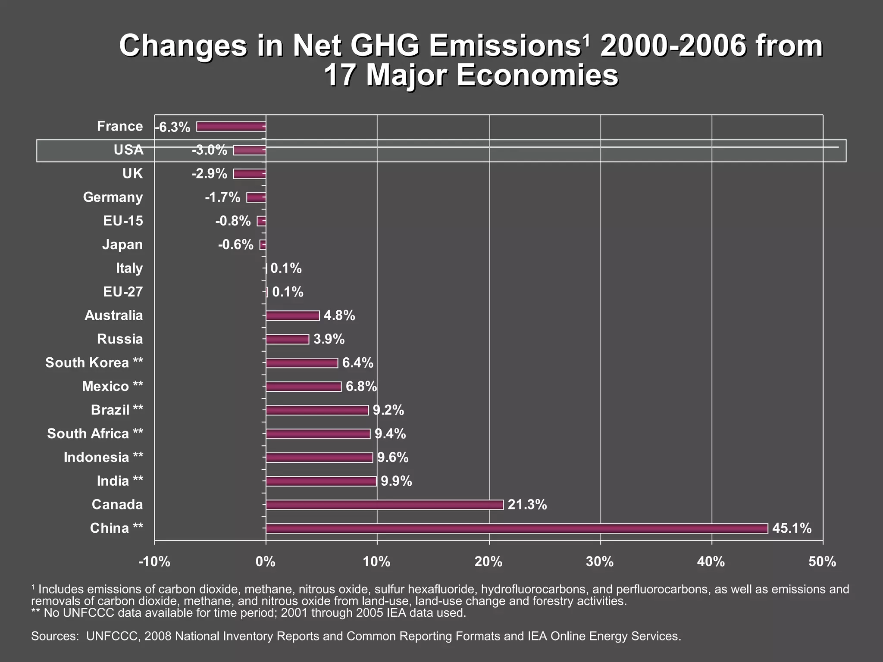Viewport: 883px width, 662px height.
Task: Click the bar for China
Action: pos(517,528)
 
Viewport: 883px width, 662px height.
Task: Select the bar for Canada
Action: pos(384,505)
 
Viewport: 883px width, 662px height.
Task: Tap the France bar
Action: pos(231,126)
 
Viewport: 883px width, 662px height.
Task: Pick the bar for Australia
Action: pos(292,315)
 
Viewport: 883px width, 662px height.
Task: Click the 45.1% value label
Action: pos(792,528)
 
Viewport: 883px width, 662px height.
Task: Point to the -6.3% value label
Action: pos(172,128)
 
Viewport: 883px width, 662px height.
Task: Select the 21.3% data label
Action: pos(527,504)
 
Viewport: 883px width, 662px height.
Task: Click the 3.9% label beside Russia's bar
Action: pos(329,339)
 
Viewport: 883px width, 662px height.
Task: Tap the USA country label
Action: pos(128,150)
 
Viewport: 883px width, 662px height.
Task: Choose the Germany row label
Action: pos(113,197)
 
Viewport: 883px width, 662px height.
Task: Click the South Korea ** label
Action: pos(94,362)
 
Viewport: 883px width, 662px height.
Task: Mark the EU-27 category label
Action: pos(123,292)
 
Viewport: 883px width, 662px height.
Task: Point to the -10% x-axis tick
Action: pos(154,562)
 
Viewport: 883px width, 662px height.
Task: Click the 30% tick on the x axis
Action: pos(600,562)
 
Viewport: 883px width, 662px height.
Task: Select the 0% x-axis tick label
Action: pos(266,562)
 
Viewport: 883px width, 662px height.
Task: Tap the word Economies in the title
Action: pos(537,75)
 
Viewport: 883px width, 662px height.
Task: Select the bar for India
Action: pos(321,481)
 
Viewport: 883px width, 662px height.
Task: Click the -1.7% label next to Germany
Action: pos(222,197)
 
